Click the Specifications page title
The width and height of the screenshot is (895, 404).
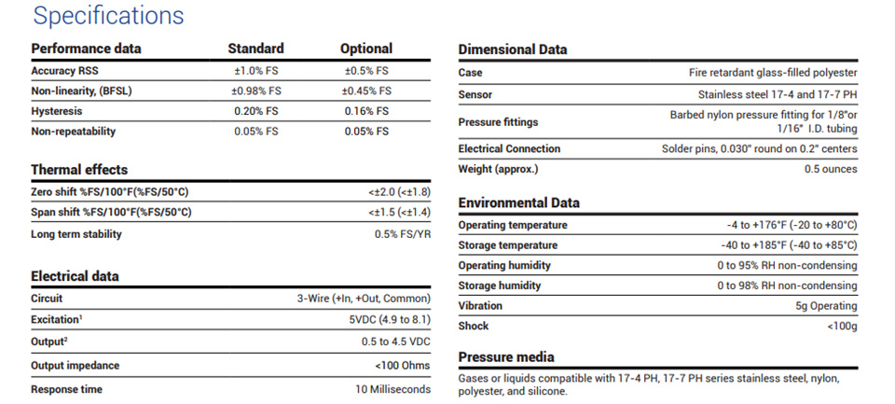tap(108, 16)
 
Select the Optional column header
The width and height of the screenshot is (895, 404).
tap(366, 49)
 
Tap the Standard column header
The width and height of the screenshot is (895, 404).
tap(255, 49)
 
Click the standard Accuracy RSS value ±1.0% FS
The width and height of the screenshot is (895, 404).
tap(255, 71)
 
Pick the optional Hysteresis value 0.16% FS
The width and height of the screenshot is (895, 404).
tap(366, 111)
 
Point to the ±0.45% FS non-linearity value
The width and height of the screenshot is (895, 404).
tap(366, 91)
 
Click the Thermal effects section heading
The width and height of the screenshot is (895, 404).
tap(79, 170)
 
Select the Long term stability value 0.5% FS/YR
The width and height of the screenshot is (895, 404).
tap(403, 234)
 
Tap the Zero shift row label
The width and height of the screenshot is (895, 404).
tap(109, 191)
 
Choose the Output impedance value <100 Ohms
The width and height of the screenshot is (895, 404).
tap(403, 366)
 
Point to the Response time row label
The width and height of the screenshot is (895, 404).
tap(67, 390)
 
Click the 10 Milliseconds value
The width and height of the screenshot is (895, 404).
tap(393, 390)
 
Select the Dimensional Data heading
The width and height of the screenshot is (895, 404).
tap(513, 49)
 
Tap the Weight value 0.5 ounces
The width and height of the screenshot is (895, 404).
tap(831, 169)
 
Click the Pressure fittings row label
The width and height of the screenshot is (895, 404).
tap(498, 121)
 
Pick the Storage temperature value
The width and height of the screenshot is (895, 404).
tap(789, 245)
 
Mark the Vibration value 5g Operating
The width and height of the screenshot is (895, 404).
tap(827, 306)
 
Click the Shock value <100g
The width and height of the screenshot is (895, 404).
tap(842, 327)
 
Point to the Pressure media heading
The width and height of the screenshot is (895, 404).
tap(506, 357)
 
